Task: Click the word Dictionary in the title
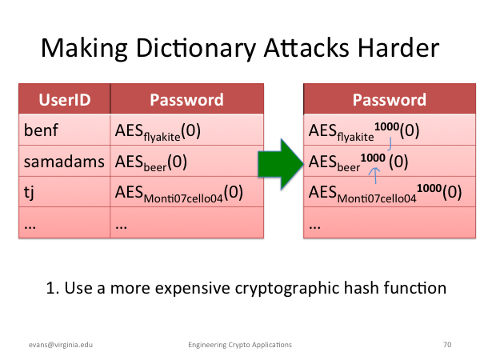point(197,48)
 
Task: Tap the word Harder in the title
point(398,47)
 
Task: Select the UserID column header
point(65,100)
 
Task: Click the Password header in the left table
point(186,100)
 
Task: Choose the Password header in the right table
point(390,100)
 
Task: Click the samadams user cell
point(64,162)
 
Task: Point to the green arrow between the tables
point(281,164)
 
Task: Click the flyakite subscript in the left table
point(162,137)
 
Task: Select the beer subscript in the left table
point(155,167)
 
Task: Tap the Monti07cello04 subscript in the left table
point(183,198)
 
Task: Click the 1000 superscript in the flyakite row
point(386,126)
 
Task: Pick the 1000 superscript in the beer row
point(373,158)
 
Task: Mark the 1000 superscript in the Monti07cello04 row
point(429,188)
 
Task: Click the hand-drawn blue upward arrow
point(375,175)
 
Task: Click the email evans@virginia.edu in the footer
point(61,345)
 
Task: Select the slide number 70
point(447,345)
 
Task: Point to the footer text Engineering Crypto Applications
point(240,345)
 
